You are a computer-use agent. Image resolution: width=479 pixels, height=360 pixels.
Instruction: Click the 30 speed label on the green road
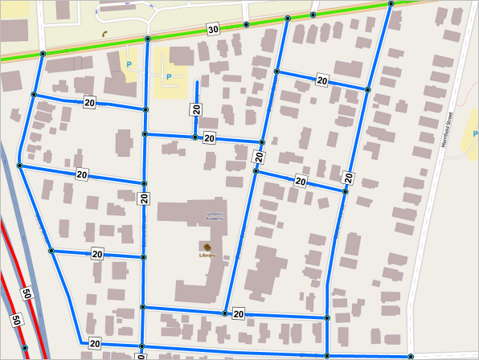tap(212, 30)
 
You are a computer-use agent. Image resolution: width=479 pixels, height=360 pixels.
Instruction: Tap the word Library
tap(207, 255)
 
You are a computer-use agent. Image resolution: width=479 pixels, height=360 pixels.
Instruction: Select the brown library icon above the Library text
tap(207, 246)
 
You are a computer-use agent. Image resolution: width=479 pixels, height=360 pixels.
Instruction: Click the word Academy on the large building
tap(213, 219)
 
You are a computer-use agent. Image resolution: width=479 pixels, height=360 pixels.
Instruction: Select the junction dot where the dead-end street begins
tap(194, 137)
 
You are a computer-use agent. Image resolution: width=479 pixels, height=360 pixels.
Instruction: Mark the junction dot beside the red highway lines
tap(25, 348)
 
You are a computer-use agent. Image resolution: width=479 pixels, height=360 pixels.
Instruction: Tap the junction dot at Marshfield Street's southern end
tap(411, 356)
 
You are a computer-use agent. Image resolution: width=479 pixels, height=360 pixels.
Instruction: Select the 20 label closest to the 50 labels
tap(95, 343)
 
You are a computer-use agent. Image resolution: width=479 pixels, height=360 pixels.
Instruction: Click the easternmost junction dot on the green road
tap(391, 4)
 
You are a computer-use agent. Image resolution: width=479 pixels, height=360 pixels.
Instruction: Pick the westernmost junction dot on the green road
tap(42, 54)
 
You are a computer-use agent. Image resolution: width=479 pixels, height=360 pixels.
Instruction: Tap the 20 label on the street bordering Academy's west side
tap(144, 198)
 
